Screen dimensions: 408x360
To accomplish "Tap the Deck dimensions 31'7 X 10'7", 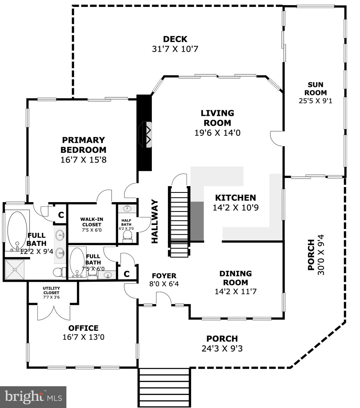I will pyautogui.click(x=175, y=49).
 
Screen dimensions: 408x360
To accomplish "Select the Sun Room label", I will pyautogui.click(x=315, y=89).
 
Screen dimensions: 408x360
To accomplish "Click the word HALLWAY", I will pyautogui.click(x=155, y=222).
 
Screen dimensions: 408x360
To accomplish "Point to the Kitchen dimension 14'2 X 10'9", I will pyautogui.click(x=235, y=208).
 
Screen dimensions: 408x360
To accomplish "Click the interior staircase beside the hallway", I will pyautogui.click(x=179, y=222).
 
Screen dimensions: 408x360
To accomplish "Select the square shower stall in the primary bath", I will pyautogui.click(x=15, y=270).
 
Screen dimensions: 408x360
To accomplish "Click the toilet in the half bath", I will pyautogui.click(x=127, y=236).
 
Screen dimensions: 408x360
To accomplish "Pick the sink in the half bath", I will pyautogui.click(x=127, y=208).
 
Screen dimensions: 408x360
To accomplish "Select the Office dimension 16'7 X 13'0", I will pyautogui.click(x=83, y=337).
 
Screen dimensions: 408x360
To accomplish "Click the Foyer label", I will pyautogui.click(x=164, y=276).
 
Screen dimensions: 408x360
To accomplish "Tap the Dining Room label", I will pyautogui.click(x=235, y=278).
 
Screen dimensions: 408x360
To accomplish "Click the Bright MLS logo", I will pyautogui.click(x=33, y=397).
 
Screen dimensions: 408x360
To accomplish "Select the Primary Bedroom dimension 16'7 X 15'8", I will pyautogui.click(x=83, y=160).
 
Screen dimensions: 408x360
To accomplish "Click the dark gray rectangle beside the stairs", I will pyautogui.click(x=197, y=221).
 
